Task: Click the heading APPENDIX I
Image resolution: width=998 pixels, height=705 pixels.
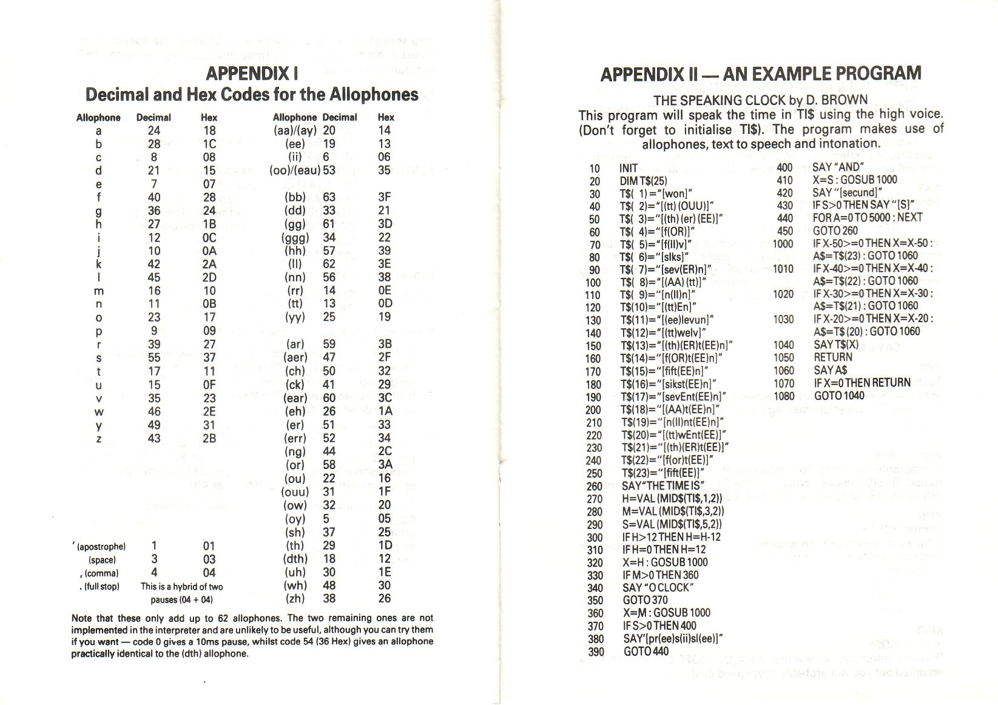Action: [x=252, y=73]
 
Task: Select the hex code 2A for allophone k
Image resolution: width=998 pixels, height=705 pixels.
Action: [x=209, y=264]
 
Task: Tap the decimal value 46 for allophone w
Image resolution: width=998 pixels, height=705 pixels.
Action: [x=154, y=411]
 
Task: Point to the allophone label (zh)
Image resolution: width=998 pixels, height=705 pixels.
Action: [x=295, y=598]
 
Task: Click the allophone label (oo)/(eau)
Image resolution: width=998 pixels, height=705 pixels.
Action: [x=295, y=170]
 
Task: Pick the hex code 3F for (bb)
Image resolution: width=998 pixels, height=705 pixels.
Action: [x=385, y=197]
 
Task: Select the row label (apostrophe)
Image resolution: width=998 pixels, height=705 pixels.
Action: [x=98, y=547]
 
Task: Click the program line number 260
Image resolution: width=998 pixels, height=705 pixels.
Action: [x=594, y=486]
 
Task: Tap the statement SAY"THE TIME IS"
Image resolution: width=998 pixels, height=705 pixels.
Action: [x=663, y=486]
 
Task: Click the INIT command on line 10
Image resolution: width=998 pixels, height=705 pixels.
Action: [x=629, y=168]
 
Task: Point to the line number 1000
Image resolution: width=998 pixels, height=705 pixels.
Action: [x=783, y=243]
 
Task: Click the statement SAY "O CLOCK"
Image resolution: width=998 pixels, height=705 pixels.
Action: [x=658, y=587]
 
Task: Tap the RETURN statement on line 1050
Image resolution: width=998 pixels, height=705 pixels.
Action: [x=833, y=357]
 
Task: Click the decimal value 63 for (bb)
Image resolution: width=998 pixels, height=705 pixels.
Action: [x=329, y=197]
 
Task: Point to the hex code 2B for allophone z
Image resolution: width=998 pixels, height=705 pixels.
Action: [x=209, y=438]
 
